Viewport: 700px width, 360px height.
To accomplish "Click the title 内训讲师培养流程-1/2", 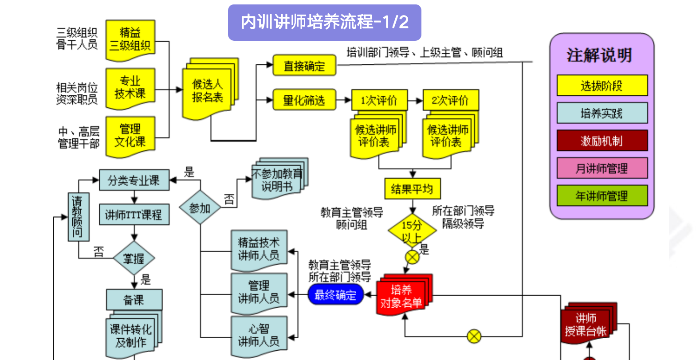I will [324, 22].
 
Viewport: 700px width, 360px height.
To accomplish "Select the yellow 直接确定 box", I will [304, 66].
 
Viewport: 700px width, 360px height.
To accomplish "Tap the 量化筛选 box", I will [304, 100].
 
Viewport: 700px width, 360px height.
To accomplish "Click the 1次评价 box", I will [379, 100].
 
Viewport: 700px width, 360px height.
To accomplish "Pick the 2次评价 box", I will [450, 100].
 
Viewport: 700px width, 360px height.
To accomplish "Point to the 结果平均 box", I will [412, 189].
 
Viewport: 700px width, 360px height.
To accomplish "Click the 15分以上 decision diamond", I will [412, 230].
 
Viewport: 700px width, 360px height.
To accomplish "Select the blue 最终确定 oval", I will [335, 295].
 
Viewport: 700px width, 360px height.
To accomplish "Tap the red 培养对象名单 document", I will [401, 296].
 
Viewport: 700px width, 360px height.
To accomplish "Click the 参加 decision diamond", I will [200, 207].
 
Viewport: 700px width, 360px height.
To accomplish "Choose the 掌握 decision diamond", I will [134, 258].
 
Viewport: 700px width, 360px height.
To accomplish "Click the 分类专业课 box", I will [134, 180].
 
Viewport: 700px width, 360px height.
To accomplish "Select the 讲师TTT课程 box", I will [134, 215].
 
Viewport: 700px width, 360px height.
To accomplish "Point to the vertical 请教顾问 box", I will [78, 216].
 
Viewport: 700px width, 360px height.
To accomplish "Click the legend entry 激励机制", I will [602, 141].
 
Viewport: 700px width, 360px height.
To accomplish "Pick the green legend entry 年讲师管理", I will [602, 196].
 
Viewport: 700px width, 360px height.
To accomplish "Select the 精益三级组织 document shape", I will [130, 39].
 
